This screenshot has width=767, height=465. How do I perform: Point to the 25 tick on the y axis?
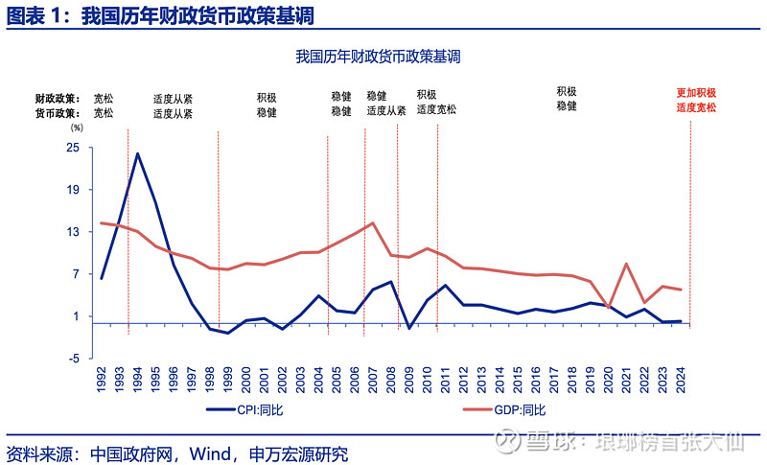(x=73, y=148)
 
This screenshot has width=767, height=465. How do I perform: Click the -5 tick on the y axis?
(x=73, y=359)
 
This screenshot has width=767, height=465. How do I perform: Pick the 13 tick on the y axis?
(x=73, y=232)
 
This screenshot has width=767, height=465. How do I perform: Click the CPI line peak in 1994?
(x=137, y=153)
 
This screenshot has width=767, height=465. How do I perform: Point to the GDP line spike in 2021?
(x=626, y=264)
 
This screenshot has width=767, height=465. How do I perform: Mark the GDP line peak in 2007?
(x=372, y=223)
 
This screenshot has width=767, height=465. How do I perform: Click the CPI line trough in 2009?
(x=409, y=328)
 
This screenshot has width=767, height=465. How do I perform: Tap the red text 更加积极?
(x=696, y=94)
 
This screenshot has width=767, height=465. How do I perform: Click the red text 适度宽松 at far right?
(x=696, y=108)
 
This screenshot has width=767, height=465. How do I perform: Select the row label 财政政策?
(x=56, y=98)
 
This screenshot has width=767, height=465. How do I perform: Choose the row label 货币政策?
(x=56, y=112)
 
